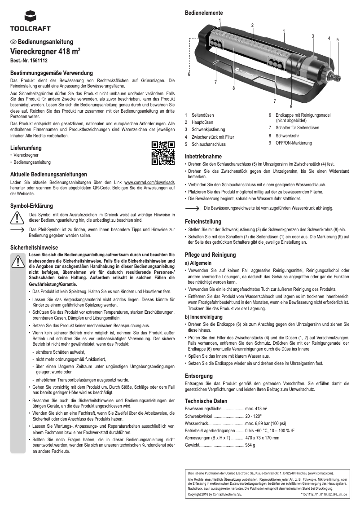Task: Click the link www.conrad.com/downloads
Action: tap(149, 183)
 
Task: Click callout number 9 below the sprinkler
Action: tap(291, 106)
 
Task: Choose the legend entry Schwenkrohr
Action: tap(287, 135)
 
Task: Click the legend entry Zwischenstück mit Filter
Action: tap(213, 137)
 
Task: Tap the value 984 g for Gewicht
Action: tap(250, 445)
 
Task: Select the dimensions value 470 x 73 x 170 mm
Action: tap(262, 437)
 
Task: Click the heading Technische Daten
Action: tap(206, 401)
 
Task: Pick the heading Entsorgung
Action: tap(199, 375)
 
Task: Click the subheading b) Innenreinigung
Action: tap(203, 316)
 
